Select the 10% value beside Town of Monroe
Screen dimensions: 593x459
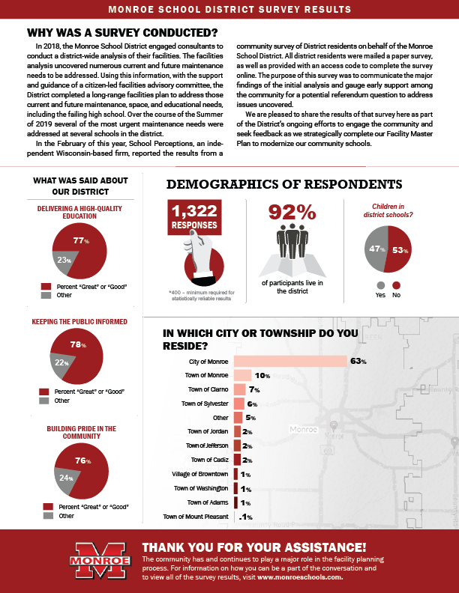[x=262, y=376]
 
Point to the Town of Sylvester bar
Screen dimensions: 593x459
[x=239, y=404]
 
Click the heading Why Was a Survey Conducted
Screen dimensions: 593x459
[x=121, y=33]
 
